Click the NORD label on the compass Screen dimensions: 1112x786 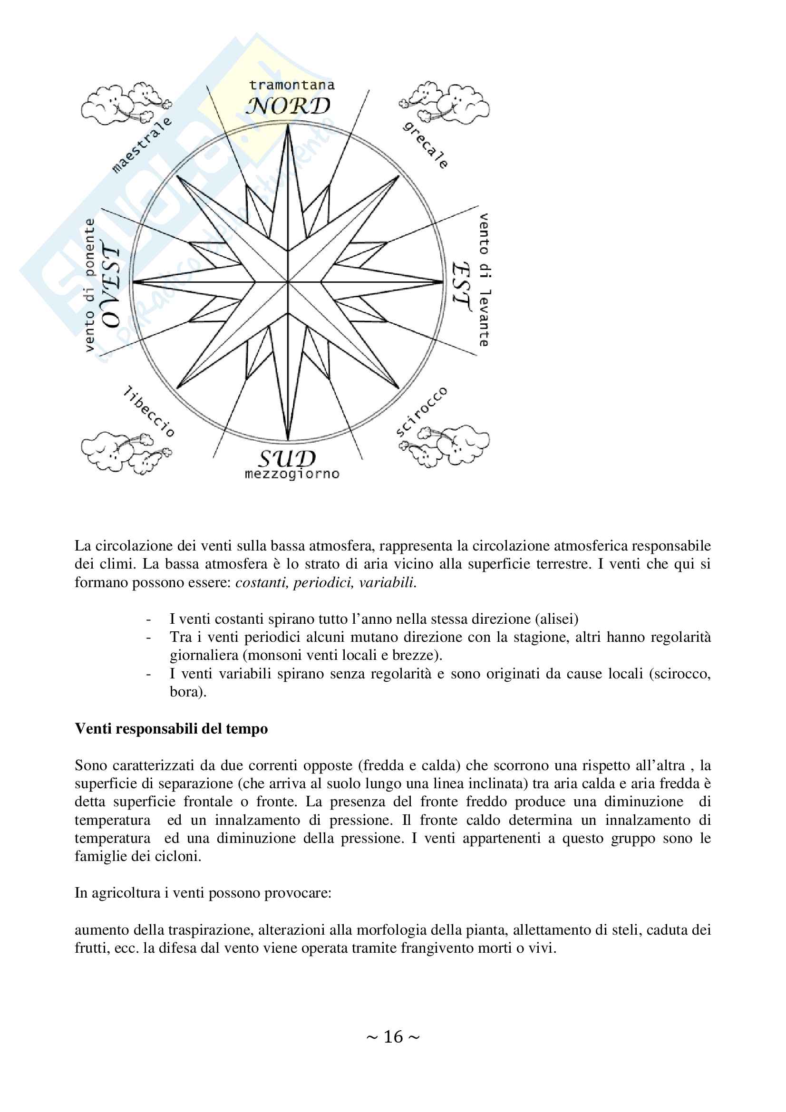click(288, 106)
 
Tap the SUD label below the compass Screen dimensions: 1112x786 click(287, 458)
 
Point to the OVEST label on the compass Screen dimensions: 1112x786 click(111, 287)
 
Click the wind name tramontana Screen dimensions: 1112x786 click(291, 85)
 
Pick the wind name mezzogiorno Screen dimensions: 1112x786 click(291, 474)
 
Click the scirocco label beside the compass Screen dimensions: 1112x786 click(421, 412)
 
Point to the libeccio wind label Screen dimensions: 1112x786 click(149, 411)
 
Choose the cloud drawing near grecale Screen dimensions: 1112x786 click(445, 103)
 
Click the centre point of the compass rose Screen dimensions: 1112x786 click(288, 281)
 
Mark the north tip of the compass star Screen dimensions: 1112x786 click(288, 126)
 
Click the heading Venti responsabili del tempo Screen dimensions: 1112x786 click(171, 728)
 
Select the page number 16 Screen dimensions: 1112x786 click(393, 1036)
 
